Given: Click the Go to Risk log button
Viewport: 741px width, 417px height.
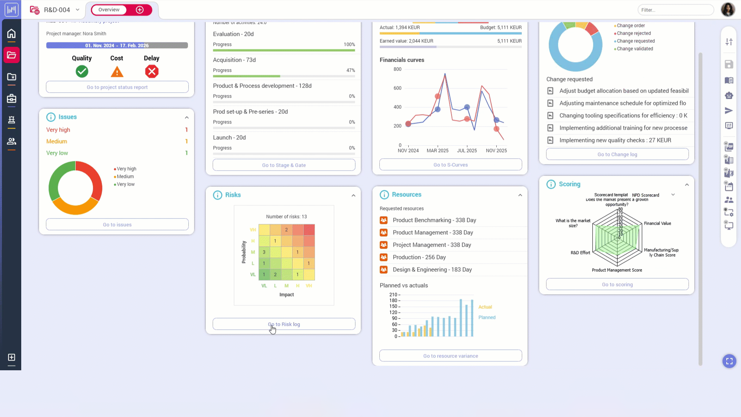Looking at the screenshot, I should [x=284, y=324].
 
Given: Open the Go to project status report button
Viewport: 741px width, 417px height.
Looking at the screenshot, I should [x=117, y=87].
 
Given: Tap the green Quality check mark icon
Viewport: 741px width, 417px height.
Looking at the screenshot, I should [x=82, y=71].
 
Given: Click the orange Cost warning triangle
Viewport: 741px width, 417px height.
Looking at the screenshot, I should [x=117, y=72].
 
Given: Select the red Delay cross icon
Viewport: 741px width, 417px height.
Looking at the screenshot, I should [x=152, y=71].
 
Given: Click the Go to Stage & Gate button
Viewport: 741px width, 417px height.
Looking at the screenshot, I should [x=284, y=165].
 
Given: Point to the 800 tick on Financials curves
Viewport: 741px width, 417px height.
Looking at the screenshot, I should [x=398, y=69].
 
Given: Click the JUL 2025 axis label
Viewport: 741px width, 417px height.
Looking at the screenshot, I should [x=467, y=151].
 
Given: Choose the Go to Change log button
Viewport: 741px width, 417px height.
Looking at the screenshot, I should [x=617, y=154].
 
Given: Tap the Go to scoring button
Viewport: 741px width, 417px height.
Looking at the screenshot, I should [x=617, y=285].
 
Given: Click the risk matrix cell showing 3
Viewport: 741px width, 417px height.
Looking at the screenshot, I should [x=264, y=252].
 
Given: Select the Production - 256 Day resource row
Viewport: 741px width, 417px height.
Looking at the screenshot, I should [x=419, y=257].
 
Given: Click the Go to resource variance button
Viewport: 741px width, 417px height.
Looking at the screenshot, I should [x=450, y=356].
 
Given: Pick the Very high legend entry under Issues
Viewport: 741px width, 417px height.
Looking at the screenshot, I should [x=126, y=169].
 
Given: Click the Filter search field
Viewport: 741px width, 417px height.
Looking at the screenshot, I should [x=675, y=10].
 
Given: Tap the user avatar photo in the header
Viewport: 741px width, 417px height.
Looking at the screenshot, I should [x=728, y=10].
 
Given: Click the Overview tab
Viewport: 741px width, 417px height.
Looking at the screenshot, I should [x=109, y=10].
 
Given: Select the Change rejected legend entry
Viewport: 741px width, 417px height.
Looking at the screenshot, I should [x=634, y=33].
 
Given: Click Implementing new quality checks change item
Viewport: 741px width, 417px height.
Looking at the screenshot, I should [x=615, y=140].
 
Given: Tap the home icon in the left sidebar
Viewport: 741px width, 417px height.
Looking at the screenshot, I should [x=12, y=34].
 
